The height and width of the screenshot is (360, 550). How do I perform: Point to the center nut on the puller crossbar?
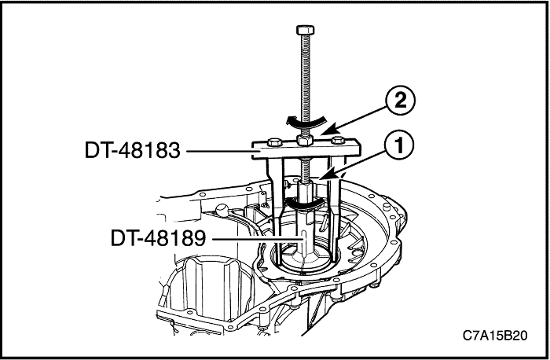coord(306,142)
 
